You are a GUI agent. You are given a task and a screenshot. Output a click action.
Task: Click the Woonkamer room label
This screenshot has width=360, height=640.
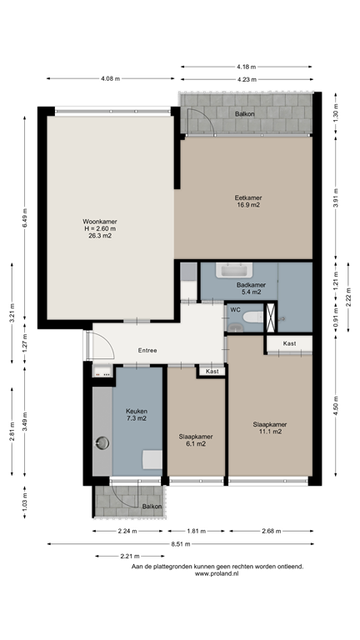[x=99, y=221]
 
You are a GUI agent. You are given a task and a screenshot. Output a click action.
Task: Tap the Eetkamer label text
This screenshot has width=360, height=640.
[x=247, y=197]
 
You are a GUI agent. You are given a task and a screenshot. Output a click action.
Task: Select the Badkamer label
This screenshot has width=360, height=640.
[x=251, y=284]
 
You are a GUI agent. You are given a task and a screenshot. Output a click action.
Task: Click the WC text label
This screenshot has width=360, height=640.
[x=235, y=310]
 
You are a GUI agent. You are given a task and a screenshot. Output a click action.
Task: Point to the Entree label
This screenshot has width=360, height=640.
[x=147, y=350]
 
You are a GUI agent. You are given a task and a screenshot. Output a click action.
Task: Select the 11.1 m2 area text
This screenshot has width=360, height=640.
[x=269, y=432]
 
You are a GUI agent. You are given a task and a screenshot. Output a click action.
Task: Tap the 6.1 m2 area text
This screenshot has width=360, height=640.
[x=196, y=443]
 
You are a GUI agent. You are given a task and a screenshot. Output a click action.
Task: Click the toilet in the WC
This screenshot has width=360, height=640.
[x=271, y=317]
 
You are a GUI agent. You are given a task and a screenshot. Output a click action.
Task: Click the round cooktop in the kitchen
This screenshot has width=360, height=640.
[x=102, y=443]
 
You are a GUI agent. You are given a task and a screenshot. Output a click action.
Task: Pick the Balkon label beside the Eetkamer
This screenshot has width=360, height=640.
[x=244, y=113]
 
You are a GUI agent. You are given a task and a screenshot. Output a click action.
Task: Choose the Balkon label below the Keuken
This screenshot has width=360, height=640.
[x=151, y=506]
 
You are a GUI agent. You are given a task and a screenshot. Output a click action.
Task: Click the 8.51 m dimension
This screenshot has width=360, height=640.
[x=180, y=543]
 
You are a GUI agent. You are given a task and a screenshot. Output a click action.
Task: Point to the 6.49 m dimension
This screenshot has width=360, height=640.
[x=25, y=220]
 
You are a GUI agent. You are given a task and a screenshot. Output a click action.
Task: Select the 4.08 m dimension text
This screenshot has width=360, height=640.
[x=110, y=78]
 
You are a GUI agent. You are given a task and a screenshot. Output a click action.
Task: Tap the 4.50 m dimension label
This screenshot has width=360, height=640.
[x=336, y=405]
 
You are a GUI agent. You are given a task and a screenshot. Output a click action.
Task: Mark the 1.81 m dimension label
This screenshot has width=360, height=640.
[x=196, y=531]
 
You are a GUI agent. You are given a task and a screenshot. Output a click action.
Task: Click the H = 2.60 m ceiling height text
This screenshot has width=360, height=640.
[x=99, y=228]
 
